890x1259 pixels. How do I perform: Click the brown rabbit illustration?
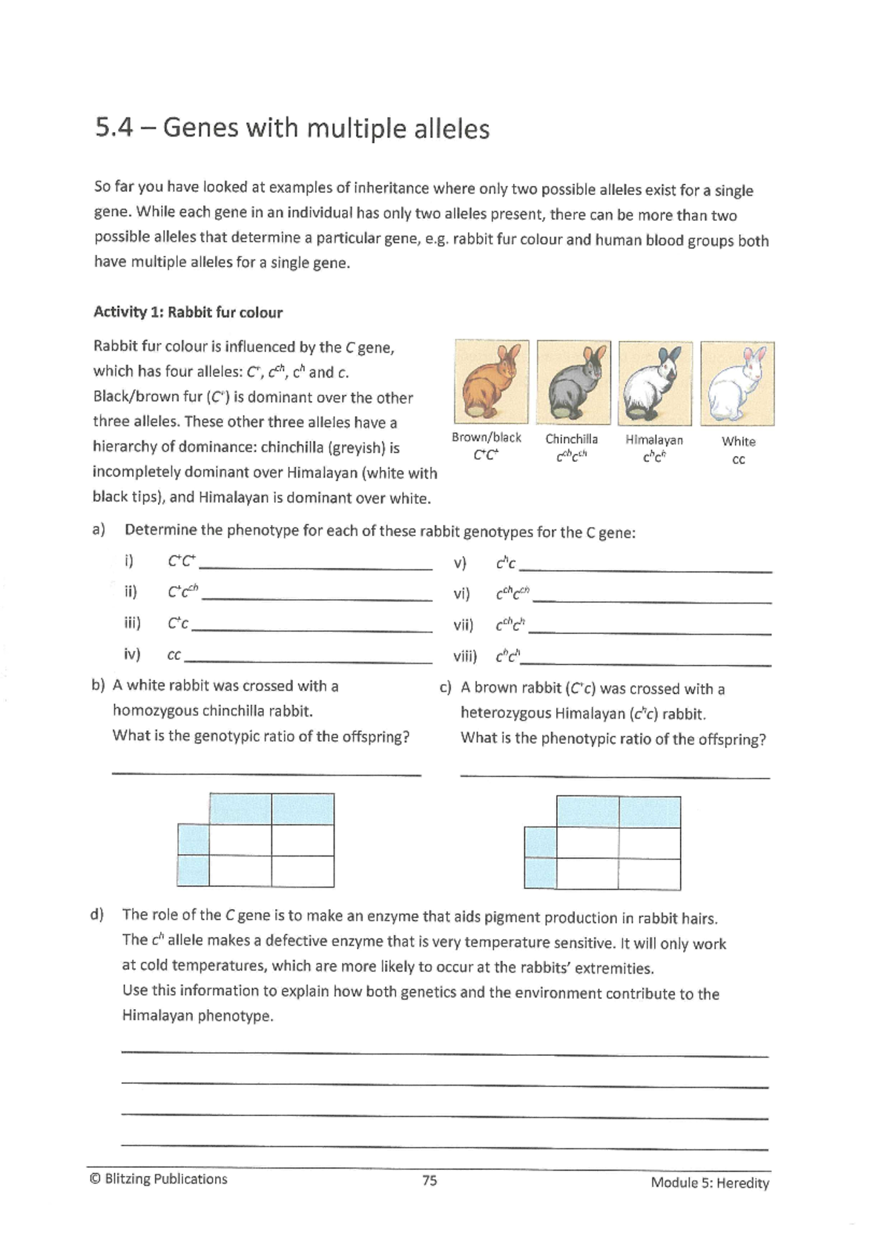pyautogui.click(x=491, y=382)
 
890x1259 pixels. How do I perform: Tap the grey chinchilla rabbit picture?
pyautogui.click(x=573, y=383)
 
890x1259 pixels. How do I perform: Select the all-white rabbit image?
pyautogui.click(x=736, y=383)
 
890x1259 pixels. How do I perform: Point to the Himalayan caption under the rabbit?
pyautogui.click(x=654, y=440)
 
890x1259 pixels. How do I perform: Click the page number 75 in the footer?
pyautogui.click(x=429, y=1180)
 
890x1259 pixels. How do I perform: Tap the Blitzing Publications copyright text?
pyautogui.click(x=158, y=1179)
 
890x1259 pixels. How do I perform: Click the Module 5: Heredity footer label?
pyautogui.click(x=710, y=1183)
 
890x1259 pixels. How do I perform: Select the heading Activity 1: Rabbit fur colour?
pyautogui.click(x=188, y=312)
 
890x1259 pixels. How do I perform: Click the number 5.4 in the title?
pyautogui.click(x=114, y=128)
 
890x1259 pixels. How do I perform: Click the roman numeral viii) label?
pyautogui.click(x=465, y=656)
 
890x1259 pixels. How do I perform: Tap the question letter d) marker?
pyautogui.click(x=97, y=914)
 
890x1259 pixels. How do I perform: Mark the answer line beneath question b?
pyautogui.click(x=266, y=774)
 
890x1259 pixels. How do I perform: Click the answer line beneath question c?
pyautogui.click(x=615, y=776)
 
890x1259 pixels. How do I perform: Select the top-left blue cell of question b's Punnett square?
pyautogui.click(x=240, y=809)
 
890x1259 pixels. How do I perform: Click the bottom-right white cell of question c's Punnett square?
pyautogui.click(x=649, y=874)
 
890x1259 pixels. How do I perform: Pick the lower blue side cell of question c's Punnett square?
pyautogui.click(x=540, y=874)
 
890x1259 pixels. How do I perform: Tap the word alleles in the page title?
pyautogui.click(x=452, y=129)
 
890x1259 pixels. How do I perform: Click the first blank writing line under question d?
pyautogui.click(x=445, y=1053)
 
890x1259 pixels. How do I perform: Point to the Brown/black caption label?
pyautogui.click(x=487, y=437)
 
